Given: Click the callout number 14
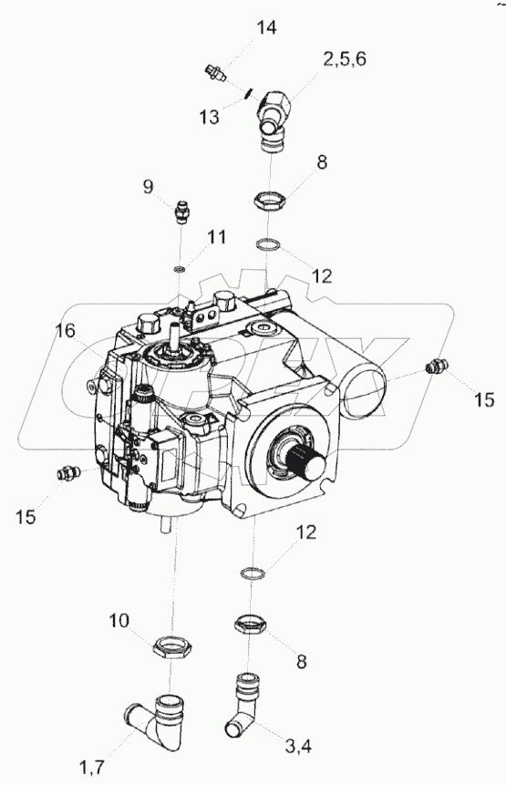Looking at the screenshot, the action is [x=267, y=28].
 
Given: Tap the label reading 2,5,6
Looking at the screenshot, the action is [x=345, y=59].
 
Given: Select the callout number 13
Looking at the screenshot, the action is [x=208, y=117].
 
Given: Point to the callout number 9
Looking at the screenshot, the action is [x=148, y=187].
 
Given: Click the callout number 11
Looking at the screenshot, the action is [x=217, y=237].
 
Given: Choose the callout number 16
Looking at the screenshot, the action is [x=65, y=330].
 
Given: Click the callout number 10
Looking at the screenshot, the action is [x=119, y=621].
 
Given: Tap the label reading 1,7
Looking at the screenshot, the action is [x=92, y=766].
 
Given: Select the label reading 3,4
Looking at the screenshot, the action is [x=298, y=748].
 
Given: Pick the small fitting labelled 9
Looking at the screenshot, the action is [x=181, y=212].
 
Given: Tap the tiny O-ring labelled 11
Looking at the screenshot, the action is [x=181, y=269].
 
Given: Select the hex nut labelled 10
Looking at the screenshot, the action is [x=171, y=646].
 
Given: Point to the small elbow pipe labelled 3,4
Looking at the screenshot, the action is [x=243, y=704].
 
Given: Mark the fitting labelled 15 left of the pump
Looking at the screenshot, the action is [x=69, y=471].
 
